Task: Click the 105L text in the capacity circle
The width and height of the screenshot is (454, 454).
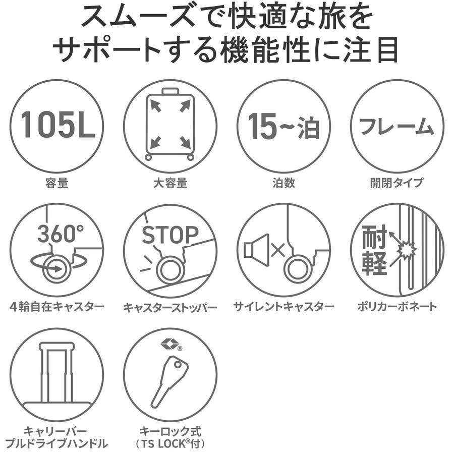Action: click(x=58, y=125)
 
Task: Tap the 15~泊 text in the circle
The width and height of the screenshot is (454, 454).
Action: click(x=283, y=126)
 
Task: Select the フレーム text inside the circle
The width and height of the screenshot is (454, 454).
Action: click(x=396, y=127)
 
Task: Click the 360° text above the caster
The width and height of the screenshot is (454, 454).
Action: click(x=61, y=234)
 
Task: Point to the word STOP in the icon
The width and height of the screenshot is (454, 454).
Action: click(x=170, y=235)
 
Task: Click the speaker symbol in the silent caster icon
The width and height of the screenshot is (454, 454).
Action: click(x=256, y=250)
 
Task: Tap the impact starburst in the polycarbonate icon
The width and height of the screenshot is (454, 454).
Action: click(x=407, y=249)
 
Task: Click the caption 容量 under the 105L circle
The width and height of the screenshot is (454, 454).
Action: click(x=56, y=183)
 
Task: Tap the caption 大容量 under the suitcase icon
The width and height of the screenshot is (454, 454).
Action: click(x=171, y=183)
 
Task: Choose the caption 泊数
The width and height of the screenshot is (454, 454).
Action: click(x=283, y=183)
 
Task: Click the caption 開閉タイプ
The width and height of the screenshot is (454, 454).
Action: click(x=396, y=183)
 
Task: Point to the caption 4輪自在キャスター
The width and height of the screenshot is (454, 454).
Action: click(x=56, y=307)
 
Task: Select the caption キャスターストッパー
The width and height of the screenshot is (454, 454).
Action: click(x=171, y=307)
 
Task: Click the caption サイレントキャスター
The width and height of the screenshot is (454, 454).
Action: click(x=283, y=307)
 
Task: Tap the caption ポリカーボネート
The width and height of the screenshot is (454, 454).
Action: click(x=397, y=307)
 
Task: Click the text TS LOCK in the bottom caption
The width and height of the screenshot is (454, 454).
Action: click(x=163, y=444)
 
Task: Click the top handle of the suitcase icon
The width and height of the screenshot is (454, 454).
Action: click(x=171, y=91)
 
